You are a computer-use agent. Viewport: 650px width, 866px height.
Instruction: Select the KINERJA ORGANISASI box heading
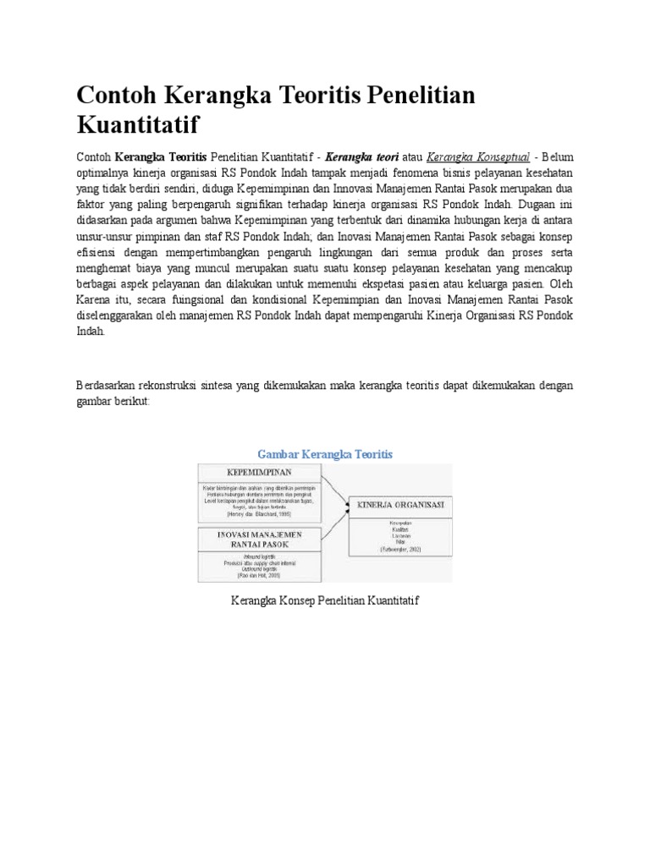(x=402, y=506)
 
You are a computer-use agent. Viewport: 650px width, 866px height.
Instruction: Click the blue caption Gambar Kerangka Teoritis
(x=325, y=454)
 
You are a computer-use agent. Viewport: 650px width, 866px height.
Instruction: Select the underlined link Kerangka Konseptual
(x=479, y=156)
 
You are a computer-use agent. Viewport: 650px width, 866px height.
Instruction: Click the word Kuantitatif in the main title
(x=137, y=124)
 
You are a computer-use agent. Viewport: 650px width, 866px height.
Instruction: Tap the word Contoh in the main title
(x=118, y=95)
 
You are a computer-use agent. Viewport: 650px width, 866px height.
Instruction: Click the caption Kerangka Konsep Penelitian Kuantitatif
(x=325, y=600)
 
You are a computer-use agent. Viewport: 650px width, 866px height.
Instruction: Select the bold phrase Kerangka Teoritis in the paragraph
(x=160, y=156)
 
